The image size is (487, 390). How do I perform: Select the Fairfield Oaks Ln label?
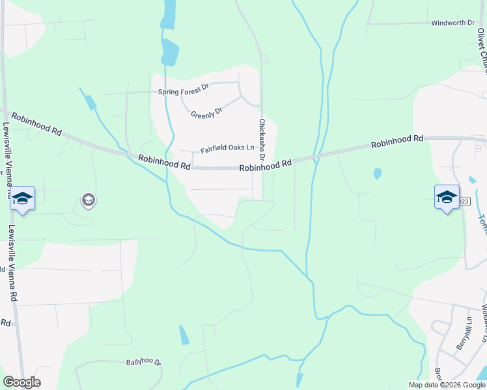(x=227, y=149)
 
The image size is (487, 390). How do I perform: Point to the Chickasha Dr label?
(x=262, y=139)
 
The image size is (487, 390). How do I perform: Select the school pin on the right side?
(x=447, y=196)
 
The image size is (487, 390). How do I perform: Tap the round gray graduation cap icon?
(x=88, y=200)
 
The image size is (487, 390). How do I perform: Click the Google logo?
(x=21, y=382)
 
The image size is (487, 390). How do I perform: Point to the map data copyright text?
(x=447, y=385)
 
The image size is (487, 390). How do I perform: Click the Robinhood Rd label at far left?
(x=36, y=122)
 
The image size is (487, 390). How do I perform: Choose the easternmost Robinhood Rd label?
(x=397, y=140)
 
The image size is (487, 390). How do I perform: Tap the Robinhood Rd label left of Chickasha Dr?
(x=164, y=162)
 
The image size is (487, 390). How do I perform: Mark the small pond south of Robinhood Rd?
(x=377, y=174)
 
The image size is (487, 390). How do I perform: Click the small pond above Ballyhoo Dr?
(x=184, y=335)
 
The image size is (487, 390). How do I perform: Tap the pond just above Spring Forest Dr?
(x=169, y=52)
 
